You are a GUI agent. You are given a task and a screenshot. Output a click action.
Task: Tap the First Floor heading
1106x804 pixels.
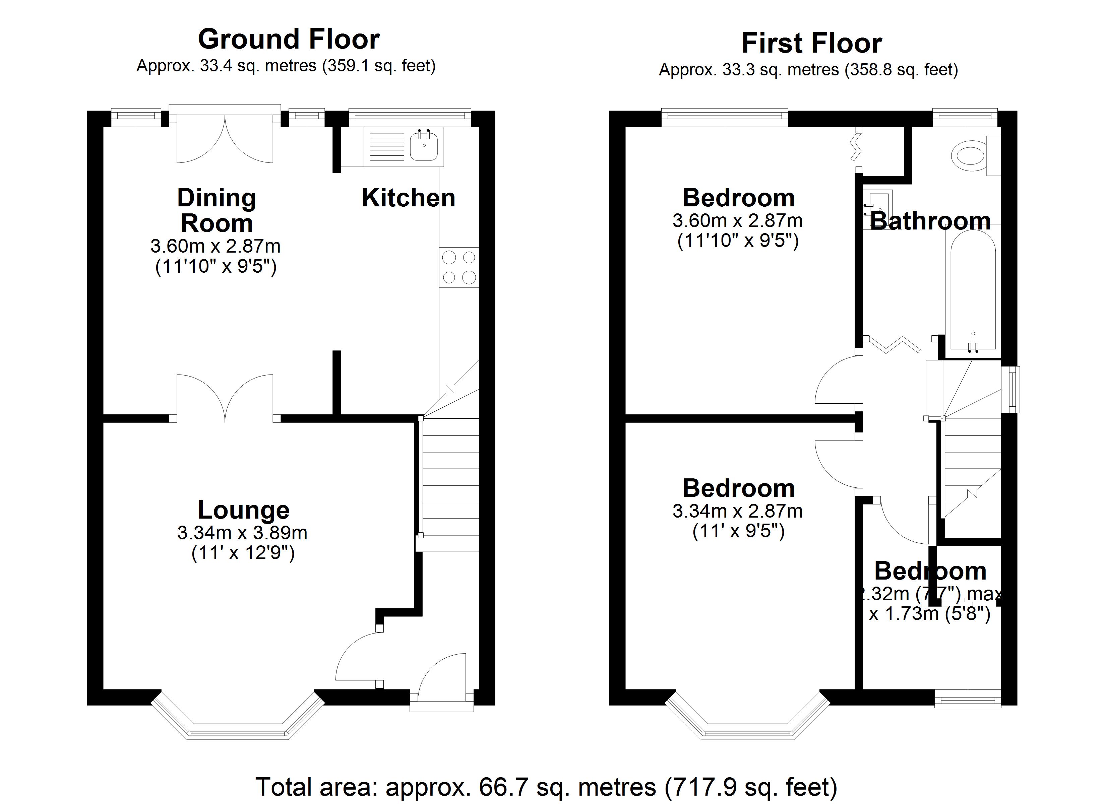pyautogui.click(x=811, y=44)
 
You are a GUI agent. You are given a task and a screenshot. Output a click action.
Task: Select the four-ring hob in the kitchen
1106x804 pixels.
pyautogui.click(x=458, y=267)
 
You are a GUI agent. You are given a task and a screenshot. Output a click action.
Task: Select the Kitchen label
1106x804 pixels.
pyautogui.click(x=408, y=198)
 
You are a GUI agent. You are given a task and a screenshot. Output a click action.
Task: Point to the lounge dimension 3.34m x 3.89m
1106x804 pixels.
pyautogui.click(x=242, y=533)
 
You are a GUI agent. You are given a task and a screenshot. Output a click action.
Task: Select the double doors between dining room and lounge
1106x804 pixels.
pyautogui.click(x=225, y=397)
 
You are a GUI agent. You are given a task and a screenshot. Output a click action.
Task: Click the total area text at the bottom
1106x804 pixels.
pyautogui.click(x=546, y=787)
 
